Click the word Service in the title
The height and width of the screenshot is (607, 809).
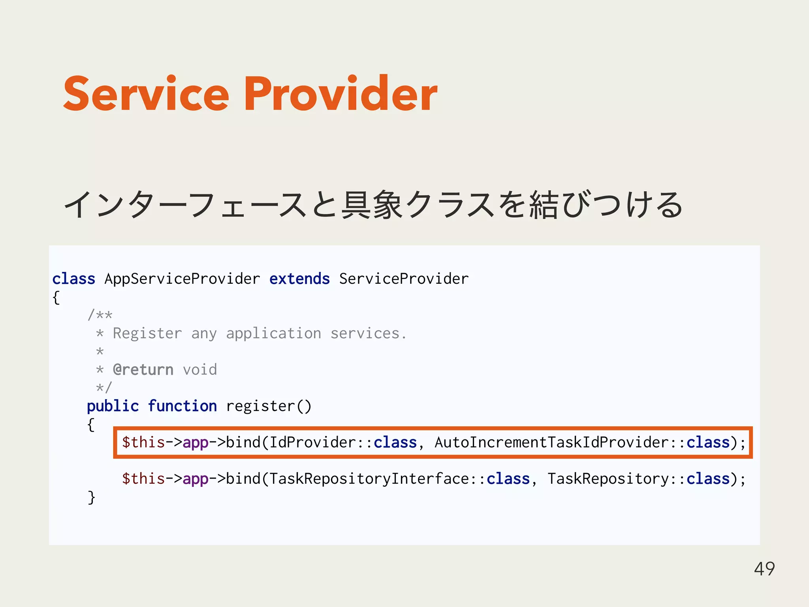click(x=146, y=94)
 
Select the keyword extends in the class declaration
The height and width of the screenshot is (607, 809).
click(x=299, y=279)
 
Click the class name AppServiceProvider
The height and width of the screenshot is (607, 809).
click(x=182, y=279)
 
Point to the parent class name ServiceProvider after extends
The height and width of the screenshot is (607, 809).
click(x=404, y=279)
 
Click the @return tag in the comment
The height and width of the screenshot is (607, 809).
click(x=143, y=370)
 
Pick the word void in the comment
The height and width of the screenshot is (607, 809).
click(x=199, y=370)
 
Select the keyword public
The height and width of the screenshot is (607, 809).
click(x=113, y=406)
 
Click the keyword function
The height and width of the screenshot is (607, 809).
click(x=182, y=406)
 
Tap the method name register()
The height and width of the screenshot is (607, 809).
click(x=269, y=406)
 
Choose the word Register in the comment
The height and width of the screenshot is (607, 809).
click(x=147, y=334)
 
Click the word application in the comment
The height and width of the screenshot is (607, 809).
click(x=273, y=334)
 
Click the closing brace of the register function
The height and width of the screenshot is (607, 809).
click(x=91, y=497)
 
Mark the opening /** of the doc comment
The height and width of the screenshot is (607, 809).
click(x=100, y=315)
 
